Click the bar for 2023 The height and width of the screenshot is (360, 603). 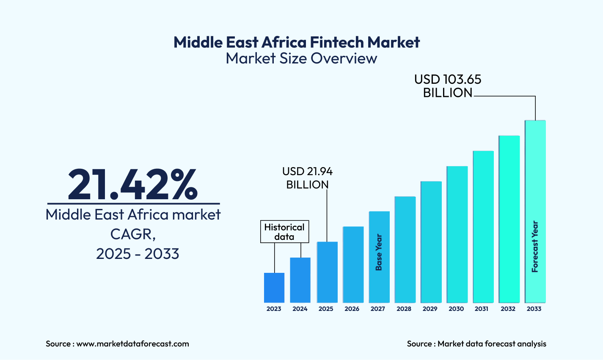274,288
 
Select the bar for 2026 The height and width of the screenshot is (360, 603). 353,264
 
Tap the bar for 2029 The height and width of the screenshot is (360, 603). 431,242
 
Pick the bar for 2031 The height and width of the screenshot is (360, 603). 483,226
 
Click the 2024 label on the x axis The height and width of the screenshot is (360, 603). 300,309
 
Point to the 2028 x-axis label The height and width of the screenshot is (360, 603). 404,309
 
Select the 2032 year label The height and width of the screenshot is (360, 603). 508,309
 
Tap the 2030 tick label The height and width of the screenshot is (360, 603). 456,309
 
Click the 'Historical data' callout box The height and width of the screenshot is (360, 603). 284,232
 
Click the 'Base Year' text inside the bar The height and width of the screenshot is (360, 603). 379,253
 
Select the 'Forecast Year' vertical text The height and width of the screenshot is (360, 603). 535,247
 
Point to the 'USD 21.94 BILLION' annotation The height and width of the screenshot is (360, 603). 308,178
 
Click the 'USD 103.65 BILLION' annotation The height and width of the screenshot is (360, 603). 448,86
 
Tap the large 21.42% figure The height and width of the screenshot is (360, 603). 133,184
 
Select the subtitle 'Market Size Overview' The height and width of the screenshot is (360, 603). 301,58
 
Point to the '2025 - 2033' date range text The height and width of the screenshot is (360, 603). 138,254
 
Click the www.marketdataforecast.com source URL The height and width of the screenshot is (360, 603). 132,344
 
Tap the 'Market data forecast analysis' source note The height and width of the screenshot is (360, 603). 492,344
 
